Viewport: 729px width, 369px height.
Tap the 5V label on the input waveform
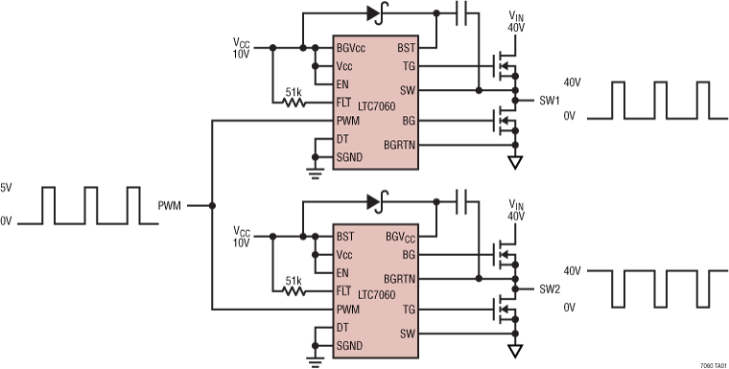click(7, 188)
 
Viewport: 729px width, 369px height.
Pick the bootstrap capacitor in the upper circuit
click(461, 13)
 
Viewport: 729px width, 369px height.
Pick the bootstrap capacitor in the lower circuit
click(461, 201)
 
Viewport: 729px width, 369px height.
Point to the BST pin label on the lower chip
click(344, 235)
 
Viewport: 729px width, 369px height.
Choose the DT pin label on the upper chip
click(341, 140)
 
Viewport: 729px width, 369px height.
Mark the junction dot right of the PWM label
click(212, 205)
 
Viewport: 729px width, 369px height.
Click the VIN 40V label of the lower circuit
click(517, 211)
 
